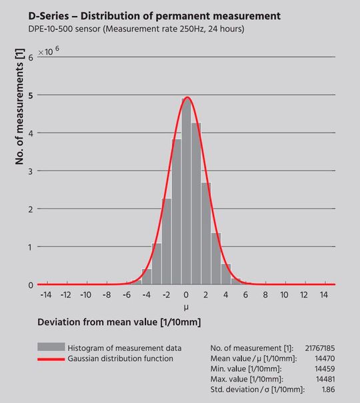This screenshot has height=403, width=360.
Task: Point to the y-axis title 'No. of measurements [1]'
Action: (x=20, y=107)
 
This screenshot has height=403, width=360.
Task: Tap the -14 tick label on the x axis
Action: (x=45, y=294)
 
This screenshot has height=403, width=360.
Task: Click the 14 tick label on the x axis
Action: (x=325, y=294)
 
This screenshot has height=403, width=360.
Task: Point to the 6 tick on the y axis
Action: (x=31, y=57)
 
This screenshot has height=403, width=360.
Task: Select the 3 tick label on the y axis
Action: (x=31, y=171)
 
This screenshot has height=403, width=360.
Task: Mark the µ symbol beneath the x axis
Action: (x=187, y=308)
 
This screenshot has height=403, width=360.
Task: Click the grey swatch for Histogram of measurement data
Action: (x=51, y=347)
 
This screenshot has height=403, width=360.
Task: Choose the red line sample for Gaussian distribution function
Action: (x=51, y=359)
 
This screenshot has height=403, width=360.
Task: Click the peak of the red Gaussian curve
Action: (x=187, y=97)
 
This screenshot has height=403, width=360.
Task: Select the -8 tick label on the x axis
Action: (x=106, y=294)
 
